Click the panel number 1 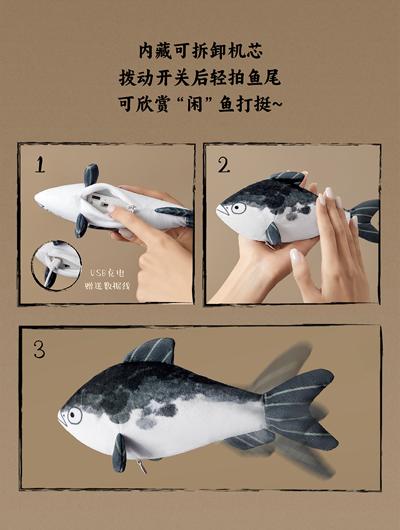[40, 165]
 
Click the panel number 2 [223, 165]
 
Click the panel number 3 [39, 349]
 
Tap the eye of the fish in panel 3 [75, 415]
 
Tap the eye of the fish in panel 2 [239, 208]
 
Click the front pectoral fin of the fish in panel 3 [119, 453]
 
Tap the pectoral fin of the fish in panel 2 [274, 233]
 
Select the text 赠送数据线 [107, 286]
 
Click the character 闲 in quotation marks [195, 104]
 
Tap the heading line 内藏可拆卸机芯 [201, 51]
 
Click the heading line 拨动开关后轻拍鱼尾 [199, 78]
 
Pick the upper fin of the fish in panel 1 [91, 174]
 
